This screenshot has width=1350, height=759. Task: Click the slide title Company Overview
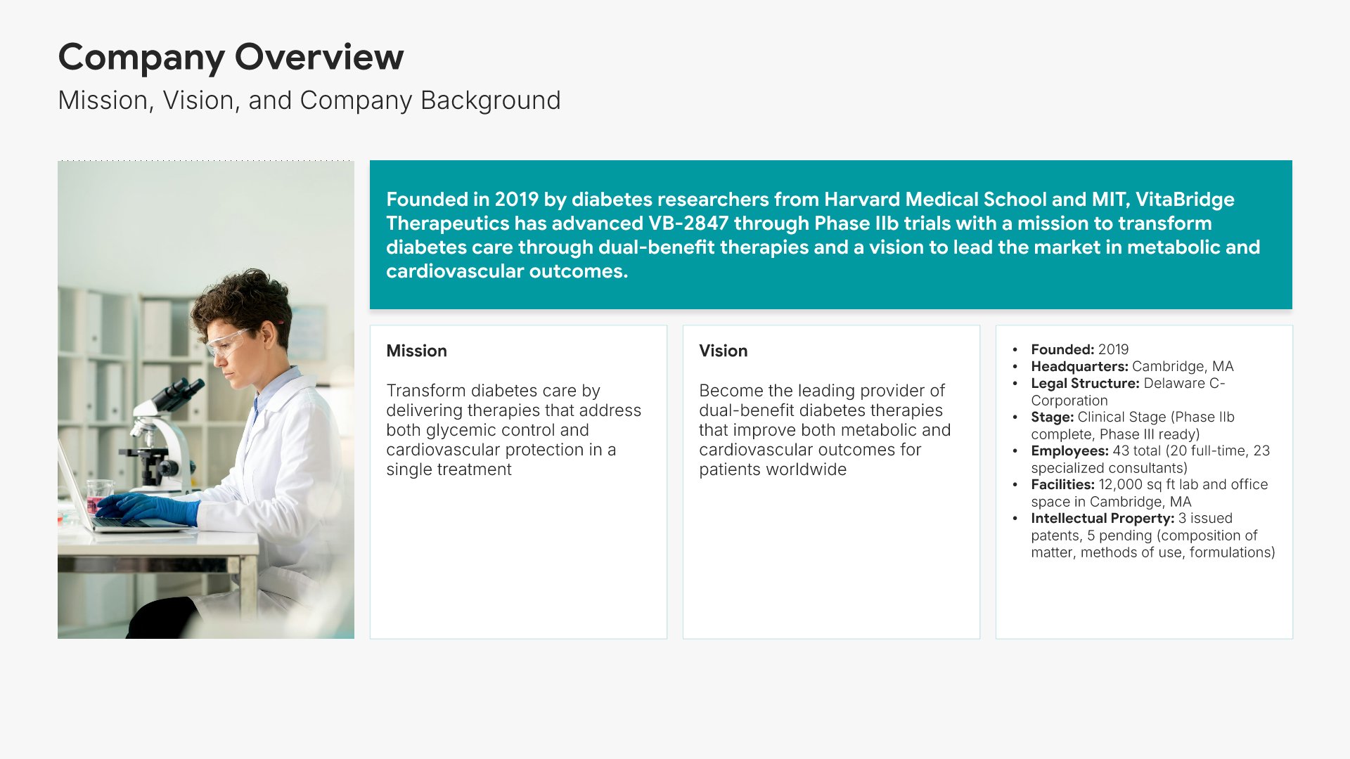tap(231, 58)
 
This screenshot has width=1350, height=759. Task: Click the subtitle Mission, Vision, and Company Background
tap(309, 100)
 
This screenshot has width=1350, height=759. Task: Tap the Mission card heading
tap(416, 351)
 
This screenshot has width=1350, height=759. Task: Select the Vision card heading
tap(723, 351)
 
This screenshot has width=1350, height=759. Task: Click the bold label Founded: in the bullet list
tap(1062, 349)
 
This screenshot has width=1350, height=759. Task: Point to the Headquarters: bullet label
tap(1079, 366)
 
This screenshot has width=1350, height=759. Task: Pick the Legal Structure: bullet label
tap(1085, 383)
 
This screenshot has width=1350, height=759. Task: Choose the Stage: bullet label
tap(1052, 417)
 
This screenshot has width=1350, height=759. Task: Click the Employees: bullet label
tap(1069, 450)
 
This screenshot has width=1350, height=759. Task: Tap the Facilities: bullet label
tap(1062, 484)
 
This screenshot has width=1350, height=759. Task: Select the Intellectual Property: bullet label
tap(1102, 518)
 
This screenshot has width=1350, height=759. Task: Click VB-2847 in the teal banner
tap(688, 223)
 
